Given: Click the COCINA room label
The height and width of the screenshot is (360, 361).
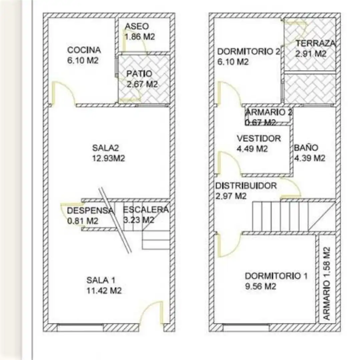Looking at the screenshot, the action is pos(84,50).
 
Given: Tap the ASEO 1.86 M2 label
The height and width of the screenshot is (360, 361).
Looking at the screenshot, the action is pos(140,32).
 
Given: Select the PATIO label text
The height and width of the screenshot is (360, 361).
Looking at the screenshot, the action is pos(139,74).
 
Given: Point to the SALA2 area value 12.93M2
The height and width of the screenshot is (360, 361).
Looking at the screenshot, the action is pos(108,158).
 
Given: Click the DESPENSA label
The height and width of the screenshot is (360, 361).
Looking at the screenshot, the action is pos(90,210).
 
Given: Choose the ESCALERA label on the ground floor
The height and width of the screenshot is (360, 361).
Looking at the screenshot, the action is pos(146,210).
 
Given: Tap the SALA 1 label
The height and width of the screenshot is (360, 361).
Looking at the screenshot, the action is pos(101,280).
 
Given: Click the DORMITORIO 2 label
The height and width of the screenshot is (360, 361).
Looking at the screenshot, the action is pos(249,52).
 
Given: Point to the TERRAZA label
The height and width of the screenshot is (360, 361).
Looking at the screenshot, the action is pos(315,43).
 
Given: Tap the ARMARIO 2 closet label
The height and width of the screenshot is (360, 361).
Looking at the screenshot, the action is pos(269,112).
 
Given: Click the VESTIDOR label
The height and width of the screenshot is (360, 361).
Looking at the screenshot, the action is pos(259,138).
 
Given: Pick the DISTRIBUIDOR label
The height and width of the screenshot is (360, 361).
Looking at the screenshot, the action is pos(246,186).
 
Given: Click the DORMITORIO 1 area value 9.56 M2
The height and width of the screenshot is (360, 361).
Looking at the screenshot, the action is pos(260,286).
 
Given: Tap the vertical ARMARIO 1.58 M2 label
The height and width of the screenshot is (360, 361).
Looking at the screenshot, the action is pos(327,283).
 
